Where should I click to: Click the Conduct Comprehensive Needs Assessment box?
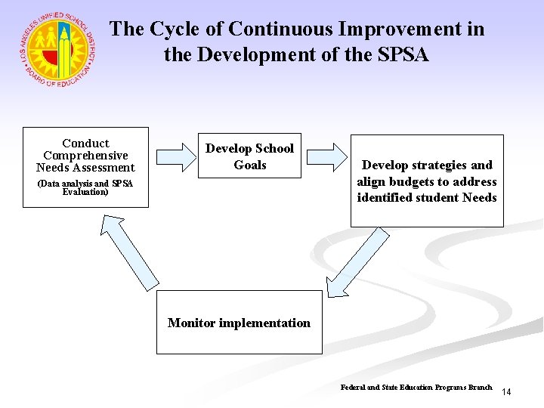[x=85, y=167]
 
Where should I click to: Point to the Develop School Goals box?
[x=249, y=156]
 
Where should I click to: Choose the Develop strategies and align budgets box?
[x=427, y=181]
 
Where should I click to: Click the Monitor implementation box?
[x=239, y=323]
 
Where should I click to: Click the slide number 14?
[x=506, y=392]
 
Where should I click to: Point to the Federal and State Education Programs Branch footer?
[x=416, y=387]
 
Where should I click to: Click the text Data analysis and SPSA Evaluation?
[x=85, y=188]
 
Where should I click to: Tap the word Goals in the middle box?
[x=250, y=165]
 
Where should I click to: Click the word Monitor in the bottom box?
[x=192, y=323]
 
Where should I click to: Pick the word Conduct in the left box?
[x=85, y=144]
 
